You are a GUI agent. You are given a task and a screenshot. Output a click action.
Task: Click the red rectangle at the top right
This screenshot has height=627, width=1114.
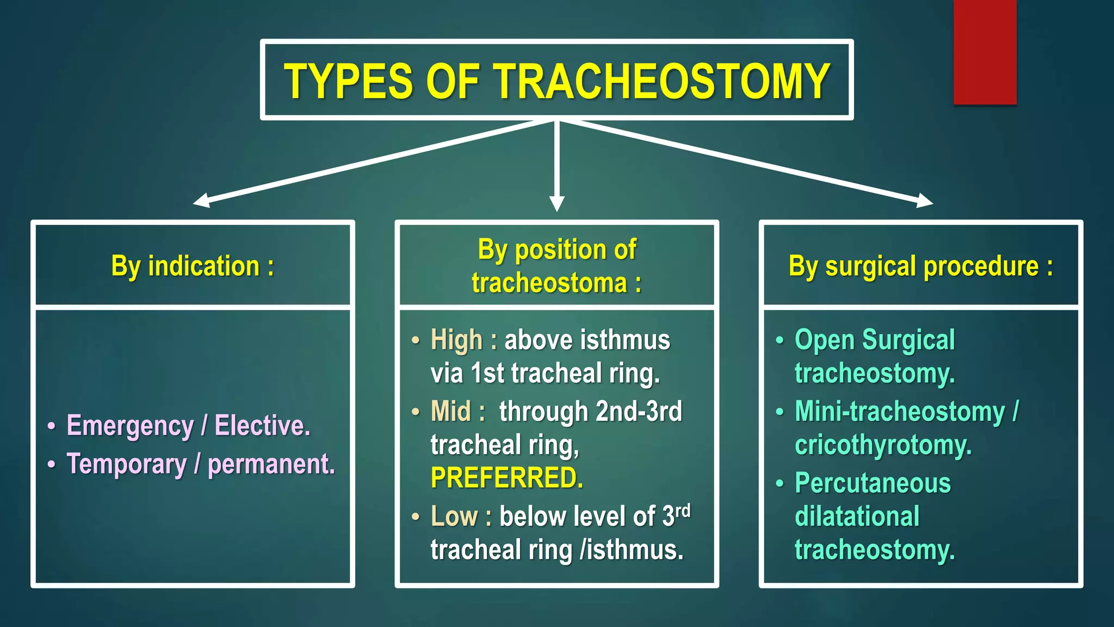(x=985, y=52)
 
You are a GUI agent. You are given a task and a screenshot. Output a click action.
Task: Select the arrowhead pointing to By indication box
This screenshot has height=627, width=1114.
(x=201, y=201)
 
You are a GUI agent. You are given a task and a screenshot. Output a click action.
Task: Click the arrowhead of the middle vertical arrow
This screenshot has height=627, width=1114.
(x=556, y=204)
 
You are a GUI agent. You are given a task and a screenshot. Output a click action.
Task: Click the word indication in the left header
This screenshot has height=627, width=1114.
(x=203, y=266)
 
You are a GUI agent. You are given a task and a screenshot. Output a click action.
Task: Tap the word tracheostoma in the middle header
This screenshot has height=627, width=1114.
(x=549, y=283)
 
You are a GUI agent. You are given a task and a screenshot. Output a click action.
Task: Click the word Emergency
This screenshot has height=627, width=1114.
(x=129, y=426)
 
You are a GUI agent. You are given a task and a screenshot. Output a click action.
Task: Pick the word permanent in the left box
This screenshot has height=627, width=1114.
(x=271, y=464)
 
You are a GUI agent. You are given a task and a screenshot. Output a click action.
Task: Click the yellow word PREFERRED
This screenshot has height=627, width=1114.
(x=506, y=478)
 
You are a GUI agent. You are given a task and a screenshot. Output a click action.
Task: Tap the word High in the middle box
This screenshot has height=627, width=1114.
(x=456, y=340)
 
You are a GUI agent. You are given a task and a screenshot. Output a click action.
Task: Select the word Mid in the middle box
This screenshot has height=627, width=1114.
(x=450, y=411)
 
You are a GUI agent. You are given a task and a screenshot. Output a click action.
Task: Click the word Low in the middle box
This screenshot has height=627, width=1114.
(x=454, y=516)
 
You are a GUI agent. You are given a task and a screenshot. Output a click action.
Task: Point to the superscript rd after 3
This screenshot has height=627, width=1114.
(x=683, y=511)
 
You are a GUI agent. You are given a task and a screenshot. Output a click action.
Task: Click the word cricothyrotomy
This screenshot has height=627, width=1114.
(x=882, y=445)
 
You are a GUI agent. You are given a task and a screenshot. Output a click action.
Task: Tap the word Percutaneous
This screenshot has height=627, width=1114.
(x=872, y=483)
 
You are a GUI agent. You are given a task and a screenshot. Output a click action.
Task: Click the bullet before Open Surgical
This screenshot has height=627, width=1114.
(x=779, y=341)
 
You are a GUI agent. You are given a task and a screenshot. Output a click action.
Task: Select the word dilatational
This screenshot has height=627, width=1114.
(x=857, y=517)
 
